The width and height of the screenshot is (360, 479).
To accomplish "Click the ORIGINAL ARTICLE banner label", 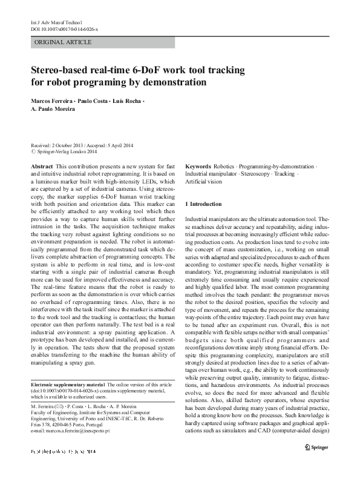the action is click(x=64, y=42).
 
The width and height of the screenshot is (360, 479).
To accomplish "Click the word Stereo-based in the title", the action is click(x=61, y=70).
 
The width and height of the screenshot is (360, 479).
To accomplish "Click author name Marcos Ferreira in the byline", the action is click(x=52, y=100).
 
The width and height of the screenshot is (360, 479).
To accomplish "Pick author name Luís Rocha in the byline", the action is click(x=124, y=100).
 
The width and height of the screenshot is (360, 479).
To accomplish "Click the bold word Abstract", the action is click(x=41, y=166).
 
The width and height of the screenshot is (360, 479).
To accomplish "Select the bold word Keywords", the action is click(x=198, y=166).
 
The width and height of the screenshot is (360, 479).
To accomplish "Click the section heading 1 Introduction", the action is click(x=203, y=204).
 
